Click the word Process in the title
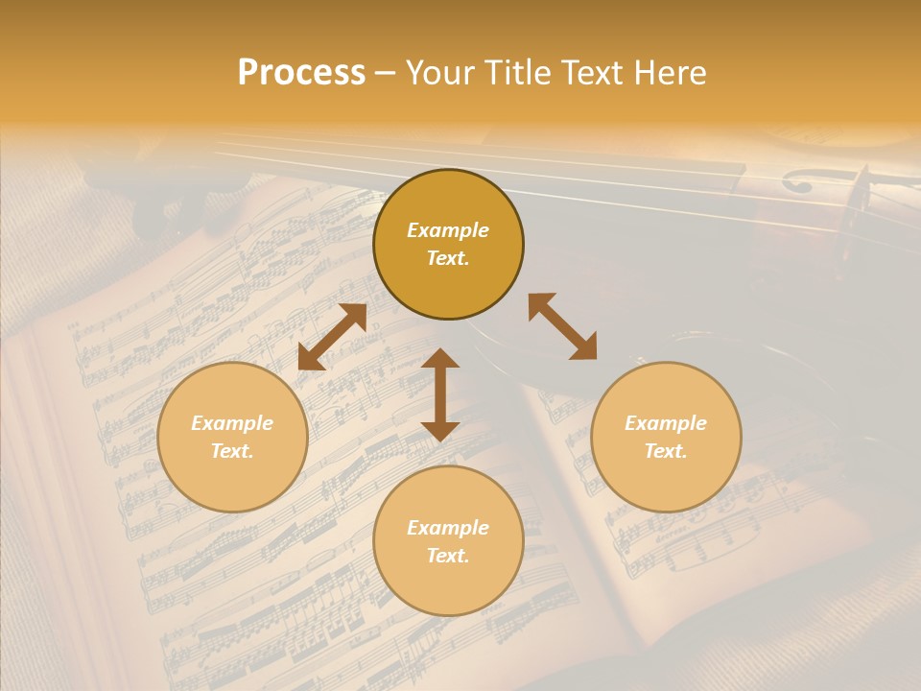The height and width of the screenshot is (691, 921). pyautogui.click(x=301, y=73)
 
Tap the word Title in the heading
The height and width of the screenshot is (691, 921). pyautogui.click(x=517, y=73)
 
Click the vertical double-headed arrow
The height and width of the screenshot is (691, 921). pyautogui.click(x=440, y=394)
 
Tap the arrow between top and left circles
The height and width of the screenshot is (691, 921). pyautogui.click(x=332, y=337)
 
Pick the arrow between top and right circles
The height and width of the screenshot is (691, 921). pyautogui.click(x=562, y=326)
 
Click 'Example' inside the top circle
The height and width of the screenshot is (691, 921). pyautogui.click(x=448, y=230)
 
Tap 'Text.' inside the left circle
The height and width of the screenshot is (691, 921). pyautogui.click(x=232, y=451)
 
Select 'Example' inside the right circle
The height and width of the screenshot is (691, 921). pyautogui.click(x=666, y=423)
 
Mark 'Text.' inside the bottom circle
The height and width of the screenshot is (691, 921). pyautogui.click(x=448, y=556)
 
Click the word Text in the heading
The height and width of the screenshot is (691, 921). pyautogui.click(x=595, y=73)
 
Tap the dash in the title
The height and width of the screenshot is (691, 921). pyautogui.click(x=385, y=73)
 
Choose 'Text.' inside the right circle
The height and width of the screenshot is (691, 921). pyautogui.click(x=666, y=451)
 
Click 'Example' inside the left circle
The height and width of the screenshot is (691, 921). pyautogui.click(x=232, y=423)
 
